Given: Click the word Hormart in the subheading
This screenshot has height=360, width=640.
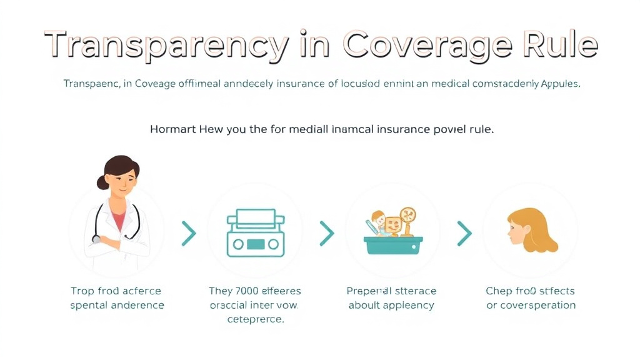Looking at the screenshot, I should click(173, 130).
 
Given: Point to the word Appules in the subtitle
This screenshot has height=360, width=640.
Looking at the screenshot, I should click(560, 84).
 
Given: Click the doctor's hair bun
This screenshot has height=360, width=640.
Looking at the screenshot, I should click(102, 182).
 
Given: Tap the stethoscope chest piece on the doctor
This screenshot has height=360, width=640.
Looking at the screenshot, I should click(96, 238).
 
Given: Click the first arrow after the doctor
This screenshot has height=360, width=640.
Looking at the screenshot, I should click(188, 234).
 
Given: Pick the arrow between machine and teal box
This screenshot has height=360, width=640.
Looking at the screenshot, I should click(326, 234).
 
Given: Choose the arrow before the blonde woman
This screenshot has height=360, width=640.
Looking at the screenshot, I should click(464, 234).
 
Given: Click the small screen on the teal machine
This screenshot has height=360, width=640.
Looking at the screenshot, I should click(255, 244).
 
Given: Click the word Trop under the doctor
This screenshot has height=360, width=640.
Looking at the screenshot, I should click(82, 291).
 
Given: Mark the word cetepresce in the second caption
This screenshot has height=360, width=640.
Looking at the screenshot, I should click(254, 319).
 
